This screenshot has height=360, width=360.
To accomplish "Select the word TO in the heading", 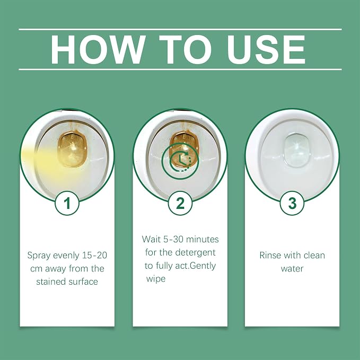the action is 186,50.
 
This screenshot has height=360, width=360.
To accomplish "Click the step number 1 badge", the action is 67,204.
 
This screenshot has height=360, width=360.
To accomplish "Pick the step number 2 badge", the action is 180,204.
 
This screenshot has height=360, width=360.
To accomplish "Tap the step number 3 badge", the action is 292,204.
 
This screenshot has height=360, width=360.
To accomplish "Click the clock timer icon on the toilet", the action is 180,161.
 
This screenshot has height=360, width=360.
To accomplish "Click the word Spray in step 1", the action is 39,256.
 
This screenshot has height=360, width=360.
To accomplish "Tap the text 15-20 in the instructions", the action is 94,256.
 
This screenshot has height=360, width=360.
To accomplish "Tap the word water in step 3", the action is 292,269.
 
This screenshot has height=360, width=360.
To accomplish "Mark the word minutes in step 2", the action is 203,240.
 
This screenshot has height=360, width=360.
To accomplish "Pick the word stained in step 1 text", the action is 51,282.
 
